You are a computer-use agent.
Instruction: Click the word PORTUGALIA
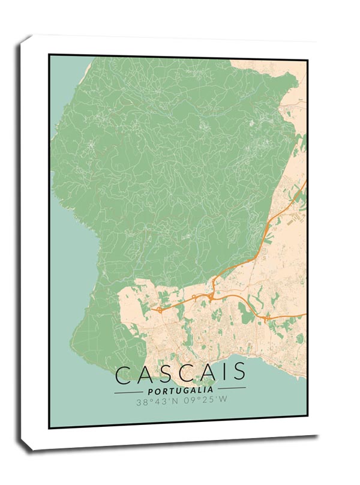(x=179, y=390)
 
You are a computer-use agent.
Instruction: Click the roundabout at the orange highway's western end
(x=160, y=310)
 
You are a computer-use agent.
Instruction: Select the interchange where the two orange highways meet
(x=211, y=296)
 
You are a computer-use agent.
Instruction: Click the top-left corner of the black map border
(x=50, y=55)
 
